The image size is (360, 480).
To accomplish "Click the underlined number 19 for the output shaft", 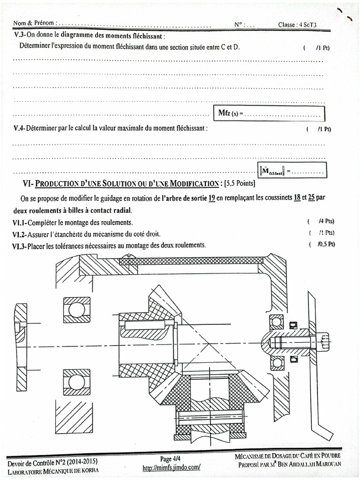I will pos(211,198).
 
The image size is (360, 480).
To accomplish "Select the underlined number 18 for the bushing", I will pos(297,198).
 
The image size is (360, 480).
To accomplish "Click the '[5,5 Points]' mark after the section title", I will pos(240,183).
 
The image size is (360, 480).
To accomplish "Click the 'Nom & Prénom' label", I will pos(34,23).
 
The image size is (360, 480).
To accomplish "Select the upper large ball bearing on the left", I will pos(77,309).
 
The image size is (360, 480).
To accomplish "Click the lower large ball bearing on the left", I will pos(77,382).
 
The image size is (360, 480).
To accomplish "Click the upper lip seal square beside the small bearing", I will pos(294,324).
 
